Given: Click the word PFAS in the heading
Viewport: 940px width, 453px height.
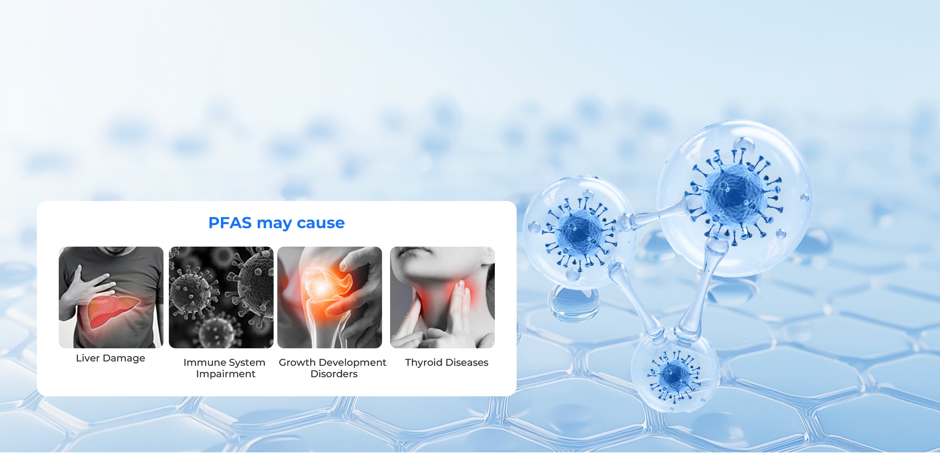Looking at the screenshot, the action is [x=230, y=223].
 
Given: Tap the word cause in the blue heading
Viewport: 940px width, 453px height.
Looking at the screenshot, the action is [x=321, y=223].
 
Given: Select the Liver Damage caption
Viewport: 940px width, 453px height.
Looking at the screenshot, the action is [x=110, y=358].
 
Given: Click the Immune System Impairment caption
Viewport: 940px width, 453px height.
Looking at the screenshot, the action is [x=224, y=368].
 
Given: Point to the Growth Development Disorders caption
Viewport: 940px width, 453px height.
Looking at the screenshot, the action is [x=332, y=368].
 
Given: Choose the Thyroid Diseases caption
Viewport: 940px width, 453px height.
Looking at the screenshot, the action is [x=446, y=362].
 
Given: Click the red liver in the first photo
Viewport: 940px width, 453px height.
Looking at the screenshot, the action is [x=113, y=310].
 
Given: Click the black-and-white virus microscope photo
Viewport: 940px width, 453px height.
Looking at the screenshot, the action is [x=221, y=297].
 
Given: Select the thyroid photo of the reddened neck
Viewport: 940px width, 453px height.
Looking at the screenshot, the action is [x=442, y=297].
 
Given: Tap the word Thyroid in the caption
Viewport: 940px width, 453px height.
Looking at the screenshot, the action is [x=424, y=362].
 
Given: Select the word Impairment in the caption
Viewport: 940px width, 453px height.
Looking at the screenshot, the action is [x=226, y=374].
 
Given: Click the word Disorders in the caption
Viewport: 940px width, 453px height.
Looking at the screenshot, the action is [x=334, y=374].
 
